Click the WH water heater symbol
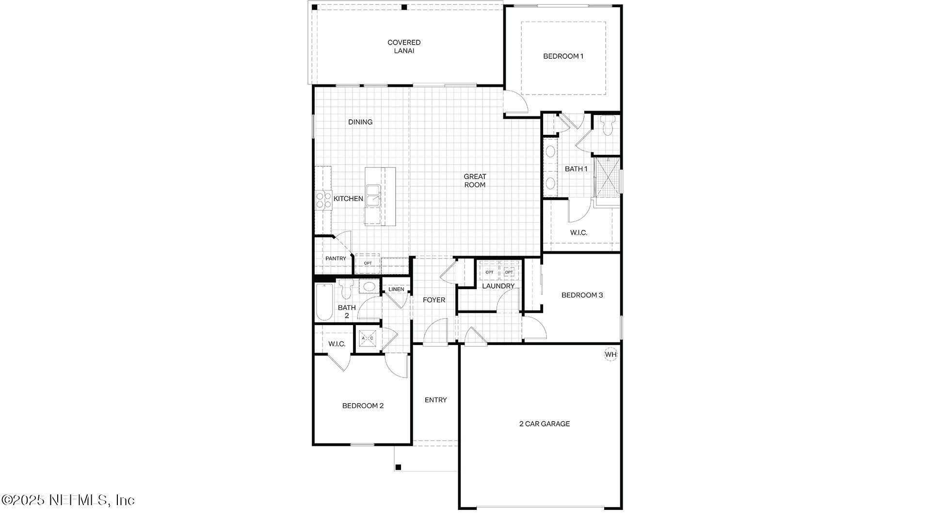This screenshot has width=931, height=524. tap(610, 354)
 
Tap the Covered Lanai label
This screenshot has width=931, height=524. tap(404, 47)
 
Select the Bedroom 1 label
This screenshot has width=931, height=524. tap(563, 56)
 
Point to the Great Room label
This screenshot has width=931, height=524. tap(475, 180)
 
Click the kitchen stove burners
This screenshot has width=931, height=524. tap(323, 200)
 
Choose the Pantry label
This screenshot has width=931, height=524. tap(336, 259)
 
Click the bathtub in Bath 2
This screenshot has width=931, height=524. tap(324, 302)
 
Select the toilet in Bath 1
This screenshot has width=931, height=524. tap(607, 126)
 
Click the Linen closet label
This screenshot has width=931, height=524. tap(396, 289)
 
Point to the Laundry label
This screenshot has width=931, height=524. tap(498, 286)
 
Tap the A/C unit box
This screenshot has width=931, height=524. tap(367, 338)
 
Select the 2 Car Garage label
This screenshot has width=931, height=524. tap(545, 424)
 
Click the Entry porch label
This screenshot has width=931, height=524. tap(435, 400)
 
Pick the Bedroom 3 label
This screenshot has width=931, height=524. tap(582, 295)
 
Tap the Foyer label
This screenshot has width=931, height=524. tap(433, 300)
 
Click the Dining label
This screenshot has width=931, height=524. tap(360, 122)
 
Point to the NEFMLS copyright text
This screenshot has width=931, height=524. tap(67, 500)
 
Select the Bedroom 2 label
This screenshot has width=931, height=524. tap(363, 406)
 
